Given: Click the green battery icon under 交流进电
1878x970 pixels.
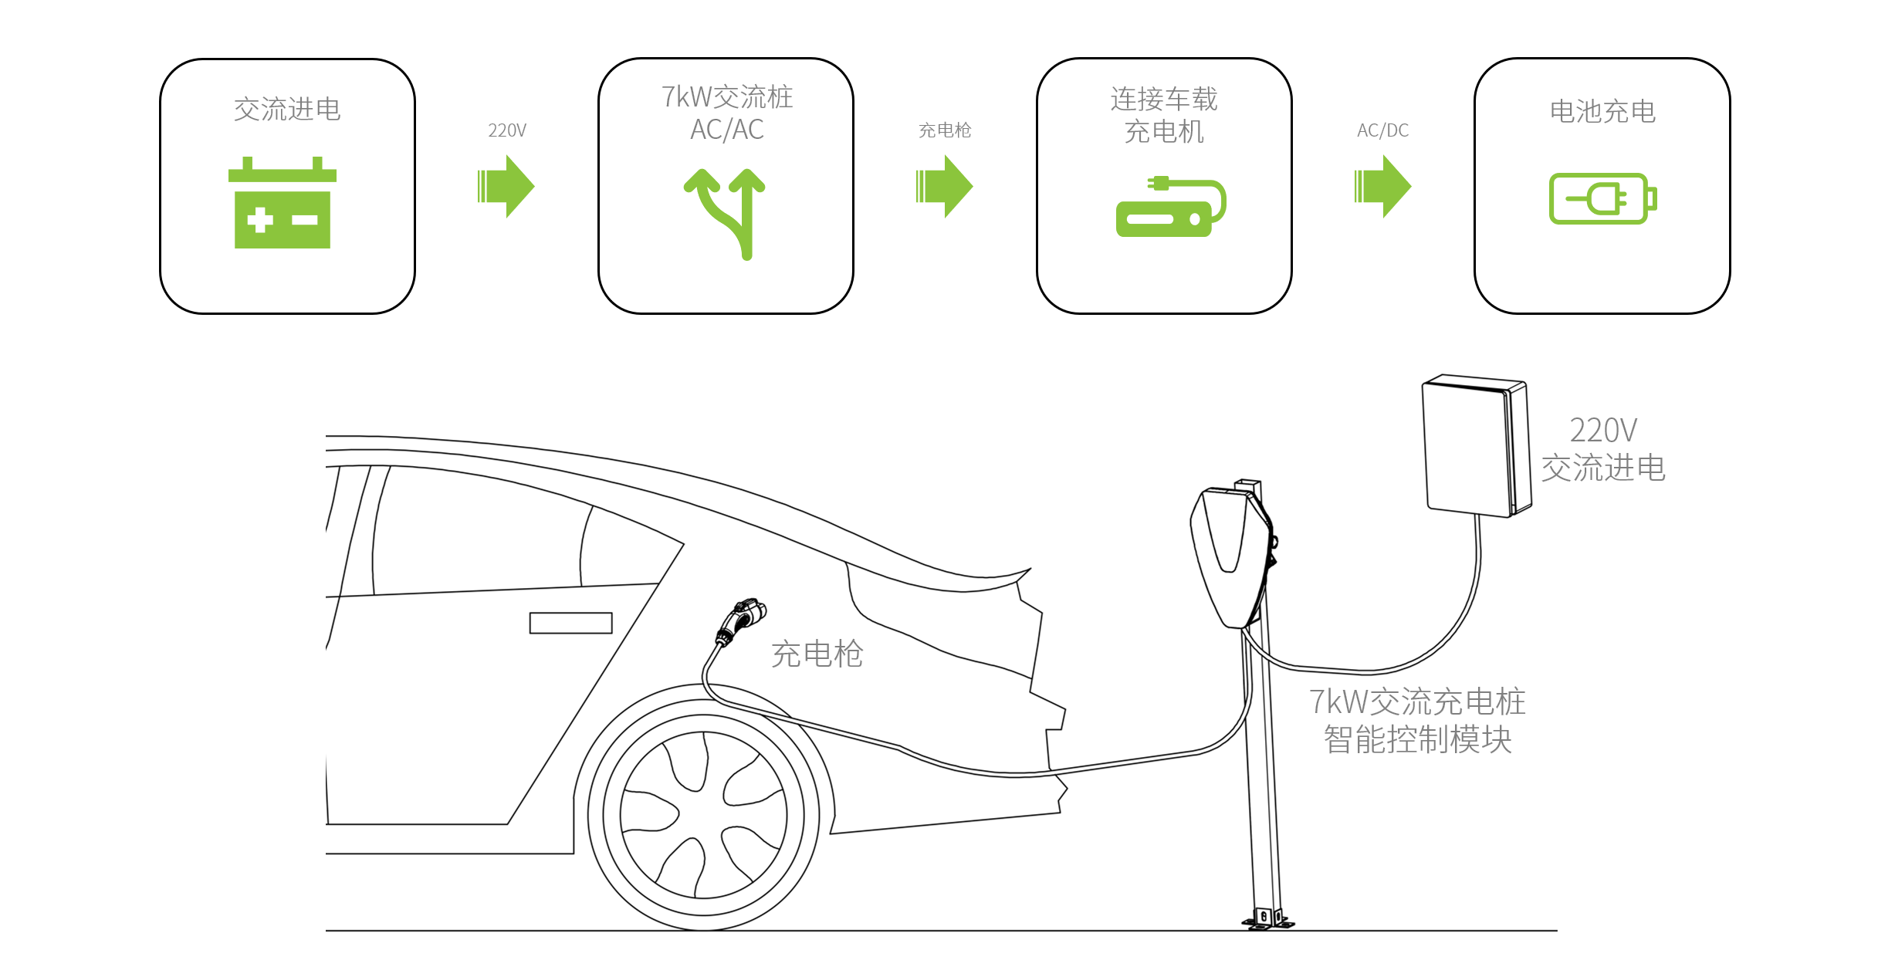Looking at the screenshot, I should pyautogui.click(x=283, y=204).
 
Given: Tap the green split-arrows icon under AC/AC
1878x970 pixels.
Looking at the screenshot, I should pyautogui.click(x=726, y=213).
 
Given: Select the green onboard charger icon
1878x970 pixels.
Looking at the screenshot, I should pyautogui.click(x=1169, y=207).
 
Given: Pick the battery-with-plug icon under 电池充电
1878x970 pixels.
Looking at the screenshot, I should pyautogui.click(x=1602, y=199).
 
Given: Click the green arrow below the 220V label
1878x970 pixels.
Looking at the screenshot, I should pyautogui.click(x=506, y=187).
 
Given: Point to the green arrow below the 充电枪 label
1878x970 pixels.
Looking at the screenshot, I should pyautogui.click(x=945, y=187).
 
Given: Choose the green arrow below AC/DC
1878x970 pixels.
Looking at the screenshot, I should pyautogui.click(x=1383, y=187).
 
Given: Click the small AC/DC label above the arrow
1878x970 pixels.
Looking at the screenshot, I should pyautogui.click(x=1383, y=130).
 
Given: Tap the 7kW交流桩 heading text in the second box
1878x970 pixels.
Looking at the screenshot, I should pyautogui.click(x=727, y=97).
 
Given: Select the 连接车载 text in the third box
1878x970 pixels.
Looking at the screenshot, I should pyautogui.click(x=1164, y=99).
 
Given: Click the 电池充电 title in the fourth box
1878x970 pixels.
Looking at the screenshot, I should pyautogui.click(x=1602, y=111).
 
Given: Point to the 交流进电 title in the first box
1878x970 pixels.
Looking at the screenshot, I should pyautogui.click(x=287, y=109).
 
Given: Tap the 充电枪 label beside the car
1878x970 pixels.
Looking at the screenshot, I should pyautogui.click(x=817, y=654).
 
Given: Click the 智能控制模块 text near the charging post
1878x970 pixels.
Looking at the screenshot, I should pyautogui.click(x=1417, y=739).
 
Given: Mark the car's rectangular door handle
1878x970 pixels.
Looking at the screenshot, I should pyautogui.click(x=570, y=623).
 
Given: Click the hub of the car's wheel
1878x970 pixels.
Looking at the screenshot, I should pyautogui.click(x=702, y=815).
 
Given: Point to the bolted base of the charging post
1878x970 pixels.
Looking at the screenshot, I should pyautogui.click(x=1267, y=918).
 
